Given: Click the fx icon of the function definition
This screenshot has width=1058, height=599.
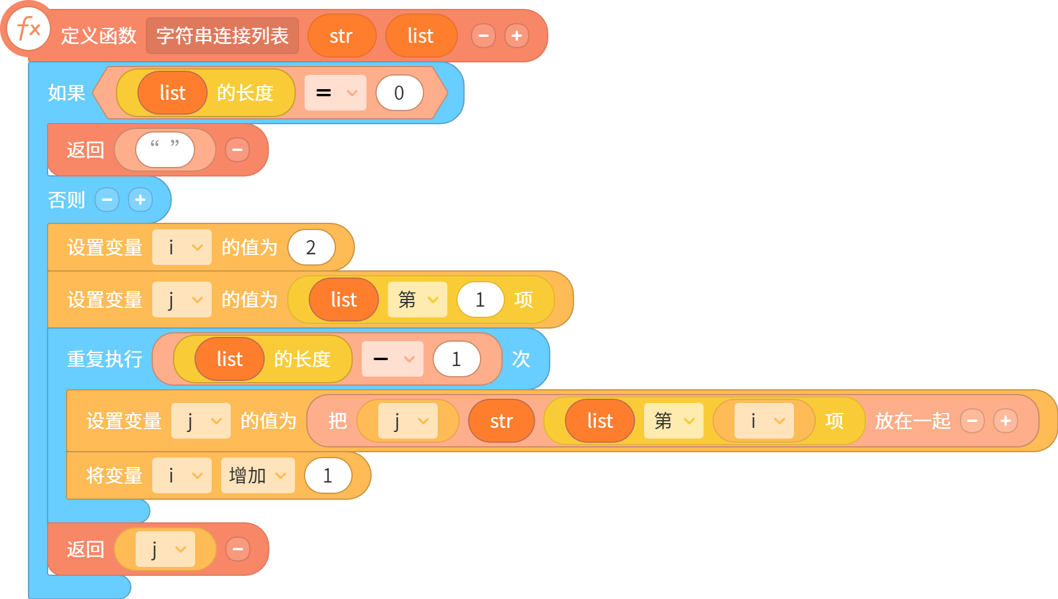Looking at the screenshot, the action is (28, 29).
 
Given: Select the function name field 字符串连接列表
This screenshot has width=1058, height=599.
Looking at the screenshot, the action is (222, 36).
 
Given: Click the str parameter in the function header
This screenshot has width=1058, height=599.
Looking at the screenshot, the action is (341, 36).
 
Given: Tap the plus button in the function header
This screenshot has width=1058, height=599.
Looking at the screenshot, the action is (517, 36).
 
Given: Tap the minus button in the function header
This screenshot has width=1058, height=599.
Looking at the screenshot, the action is (484, 36).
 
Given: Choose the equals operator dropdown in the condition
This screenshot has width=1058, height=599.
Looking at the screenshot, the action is (335, 93).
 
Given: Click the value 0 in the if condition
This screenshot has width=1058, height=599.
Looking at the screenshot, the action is (399, 93).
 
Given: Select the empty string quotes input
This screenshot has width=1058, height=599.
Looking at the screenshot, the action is (165, 149).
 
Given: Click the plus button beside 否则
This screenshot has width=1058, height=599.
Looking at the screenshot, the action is (140, 200).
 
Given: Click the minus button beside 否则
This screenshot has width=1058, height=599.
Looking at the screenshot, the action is (107, 200).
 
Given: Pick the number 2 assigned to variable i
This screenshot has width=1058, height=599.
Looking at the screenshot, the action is (311, 247).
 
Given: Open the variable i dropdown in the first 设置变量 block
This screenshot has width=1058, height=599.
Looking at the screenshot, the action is (182, 247).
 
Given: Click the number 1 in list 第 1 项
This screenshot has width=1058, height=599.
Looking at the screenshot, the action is (480, 299).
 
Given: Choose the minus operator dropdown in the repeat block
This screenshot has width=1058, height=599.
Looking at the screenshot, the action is (393, 359).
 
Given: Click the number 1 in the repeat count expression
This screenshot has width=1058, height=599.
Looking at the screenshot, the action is (456, 359).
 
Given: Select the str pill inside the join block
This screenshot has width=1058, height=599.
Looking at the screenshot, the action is (501, 421).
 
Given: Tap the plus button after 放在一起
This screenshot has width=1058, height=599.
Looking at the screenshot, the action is (1006, 421).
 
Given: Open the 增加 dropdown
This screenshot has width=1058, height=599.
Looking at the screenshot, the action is (258, 475).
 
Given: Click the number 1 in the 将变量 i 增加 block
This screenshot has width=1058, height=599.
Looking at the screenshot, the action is (328, 475).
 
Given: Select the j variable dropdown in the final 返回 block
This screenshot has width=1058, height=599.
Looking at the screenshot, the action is (165, 549).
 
